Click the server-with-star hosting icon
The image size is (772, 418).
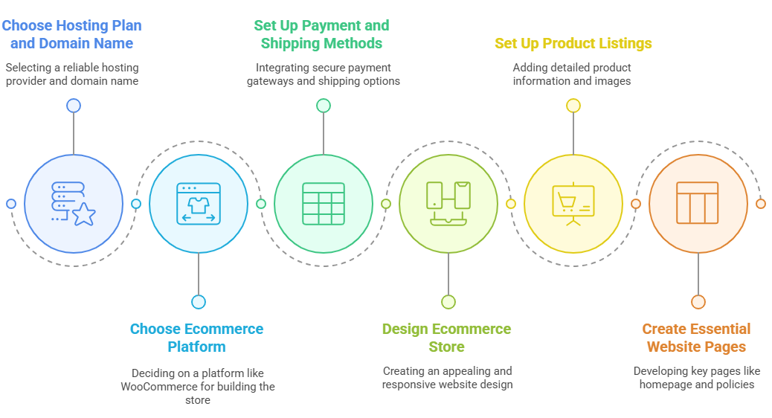(x=74, y=204)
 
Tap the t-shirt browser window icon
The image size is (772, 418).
(x=199, y=204)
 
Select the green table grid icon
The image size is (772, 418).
(x=324, y=204)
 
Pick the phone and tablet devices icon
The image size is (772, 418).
(x=448, y=204)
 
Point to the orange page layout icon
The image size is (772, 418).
(x=698, y=203)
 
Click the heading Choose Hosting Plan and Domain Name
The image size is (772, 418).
(x=72, y=34)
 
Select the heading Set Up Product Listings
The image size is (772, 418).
(x=573, y=43)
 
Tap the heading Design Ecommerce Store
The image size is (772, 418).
(x=446, y=338)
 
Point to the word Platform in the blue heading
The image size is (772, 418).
(x=196, y=347)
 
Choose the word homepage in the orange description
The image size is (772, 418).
(x=665, y=385)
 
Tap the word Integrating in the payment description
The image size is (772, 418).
(x=280, y=68)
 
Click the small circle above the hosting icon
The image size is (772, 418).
(x=74, y=106)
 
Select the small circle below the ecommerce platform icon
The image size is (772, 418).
(x=199, y=302)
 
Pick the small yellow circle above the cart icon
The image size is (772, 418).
(x=573, y=106)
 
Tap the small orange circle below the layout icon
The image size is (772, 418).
(x=698, y=302)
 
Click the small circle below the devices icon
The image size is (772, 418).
(x=448, y=302)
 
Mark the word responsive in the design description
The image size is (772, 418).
(x=406, y=385)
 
